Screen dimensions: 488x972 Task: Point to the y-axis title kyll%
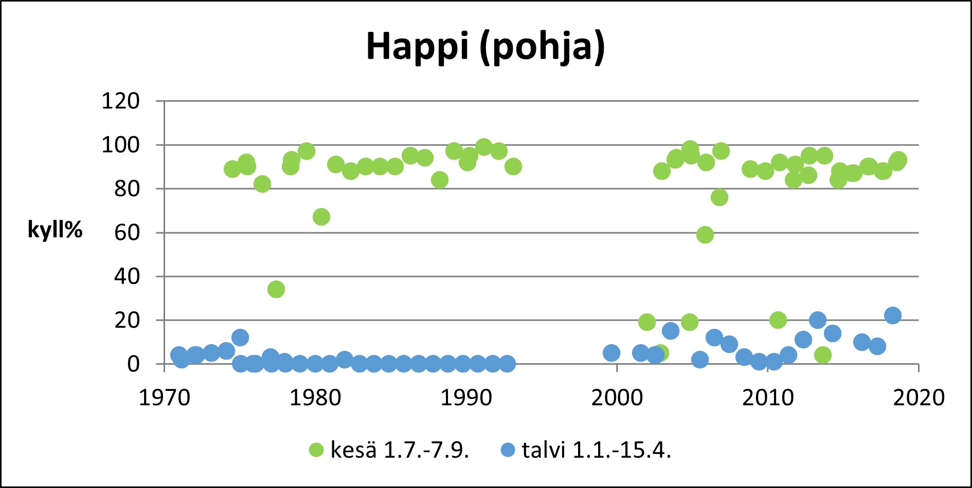coord(55,229)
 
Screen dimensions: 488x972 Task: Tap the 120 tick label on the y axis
coord(120,101)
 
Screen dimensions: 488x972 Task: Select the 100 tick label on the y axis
coord(120,145)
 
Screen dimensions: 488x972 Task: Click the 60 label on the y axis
coord(127,233)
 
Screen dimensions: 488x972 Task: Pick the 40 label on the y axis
coord(127,276)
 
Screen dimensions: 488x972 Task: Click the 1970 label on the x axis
coord(165,398)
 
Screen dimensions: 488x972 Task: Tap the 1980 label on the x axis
coord(315,398)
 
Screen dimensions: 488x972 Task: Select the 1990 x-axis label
coord(466,398)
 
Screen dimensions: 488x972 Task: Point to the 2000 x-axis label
coord(617,398)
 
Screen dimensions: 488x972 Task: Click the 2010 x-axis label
coord(767,398)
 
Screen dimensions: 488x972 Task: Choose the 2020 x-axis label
coord(919,398)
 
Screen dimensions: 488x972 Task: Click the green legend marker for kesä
coord(316,450)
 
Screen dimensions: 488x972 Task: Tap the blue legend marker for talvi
coord(508,450)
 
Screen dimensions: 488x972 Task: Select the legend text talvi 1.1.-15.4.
coord(597,450)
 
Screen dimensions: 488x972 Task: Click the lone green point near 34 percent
coord(276,289)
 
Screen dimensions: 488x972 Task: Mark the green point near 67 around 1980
coord(321,217)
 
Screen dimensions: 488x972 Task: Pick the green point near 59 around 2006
coord(705,235)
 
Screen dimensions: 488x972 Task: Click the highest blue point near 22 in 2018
coord(893,315)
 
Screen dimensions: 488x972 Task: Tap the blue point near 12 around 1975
coord(240,337)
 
